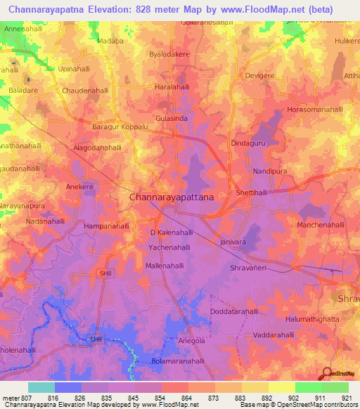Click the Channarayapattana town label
pos(172,198)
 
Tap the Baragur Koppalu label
pos(120,127)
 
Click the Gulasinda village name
pos(172,119)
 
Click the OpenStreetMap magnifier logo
pos(326,374)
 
